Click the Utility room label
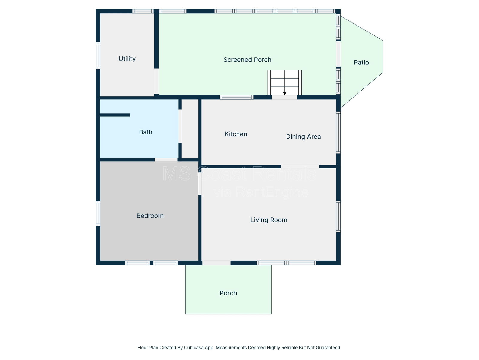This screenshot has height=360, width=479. click(x=127, y=59)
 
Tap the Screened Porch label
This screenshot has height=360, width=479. click(x=247, y=60)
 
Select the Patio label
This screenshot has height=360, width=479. click(x=361, y=62)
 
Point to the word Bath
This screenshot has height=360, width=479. click(x=145, y=132)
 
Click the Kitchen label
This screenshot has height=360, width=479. click(x=236, y=134)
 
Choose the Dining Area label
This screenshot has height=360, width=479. click(x=303, y=136)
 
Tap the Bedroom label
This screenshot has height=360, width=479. click(x=150, y=216)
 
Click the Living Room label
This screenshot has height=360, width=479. click(x=269, y=220)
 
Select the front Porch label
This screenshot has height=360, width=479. click(x=228, y=293)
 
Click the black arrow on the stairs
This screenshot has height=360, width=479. click(x=285, y=93)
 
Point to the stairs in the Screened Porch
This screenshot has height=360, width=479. click(x=285, y=82)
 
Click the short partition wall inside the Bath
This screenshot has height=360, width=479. click(x=115, y=115)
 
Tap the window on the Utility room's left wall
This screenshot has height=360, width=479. click(x=98, y=55)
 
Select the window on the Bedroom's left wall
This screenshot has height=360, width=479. click(x=98, y=214)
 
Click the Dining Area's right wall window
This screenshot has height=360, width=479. click(x=338, y=133)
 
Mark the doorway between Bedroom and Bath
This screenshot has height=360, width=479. click(x=166, y=160)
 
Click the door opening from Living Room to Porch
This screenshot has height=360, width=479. click(x=216, y=263)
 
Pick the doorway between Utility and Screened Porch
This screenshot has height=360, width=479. click(x=157, y=81)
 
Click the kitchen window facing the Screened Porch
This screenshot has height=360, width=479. click(x=237, y=97)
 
